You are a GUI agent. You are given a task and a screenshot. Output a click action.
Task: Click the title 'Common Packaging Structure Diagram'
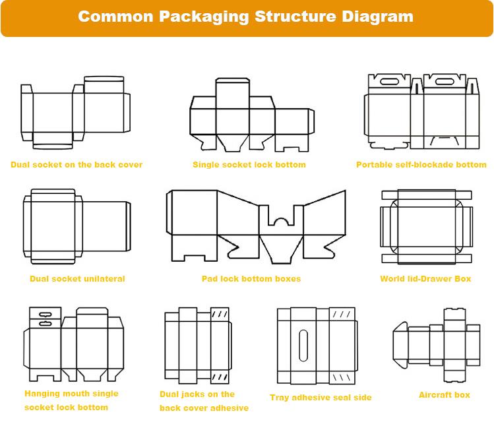[246, 16]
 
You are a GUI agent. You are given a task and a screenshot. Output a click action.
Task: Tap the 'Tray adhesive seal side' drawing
[317, 345]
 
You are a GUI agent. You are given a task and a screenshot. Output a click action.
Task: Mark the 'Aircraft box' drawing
[436, 344]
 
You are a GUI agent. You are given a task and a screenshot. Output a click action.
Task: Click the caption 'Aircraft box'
[445, 395]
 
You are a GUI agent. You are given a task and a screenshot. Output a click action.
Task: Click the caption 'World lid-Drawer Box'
[425, 279]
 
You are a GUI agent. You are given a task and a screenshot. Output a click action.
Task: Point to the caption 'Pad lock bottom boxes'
[251, 279]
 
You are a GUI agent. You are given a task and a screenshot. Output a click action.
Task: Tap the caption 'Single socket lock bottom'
[249, 165]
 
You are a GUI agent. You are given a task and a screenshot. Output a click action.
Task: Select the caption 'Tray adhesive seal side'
[321, 398]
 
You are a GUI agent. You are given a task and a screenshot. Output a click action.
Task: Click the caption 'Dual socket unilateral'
[77, 279]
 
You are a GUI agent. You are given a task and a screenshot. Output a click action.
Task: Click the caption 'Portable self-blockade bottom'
[421, 165]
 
